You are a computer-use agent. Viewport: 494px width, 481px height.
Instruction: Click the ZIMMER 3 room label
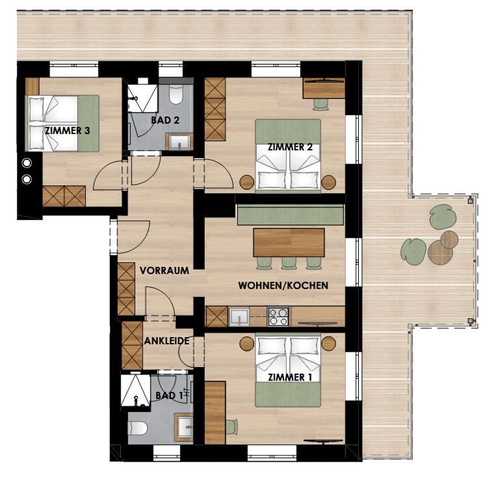coord(68,131)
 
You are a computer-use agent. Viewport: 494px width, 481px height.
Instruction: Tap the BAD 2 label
coord(165,120)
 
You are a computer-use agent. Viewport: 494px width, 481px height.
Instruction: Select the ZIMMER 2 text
coord(290,147)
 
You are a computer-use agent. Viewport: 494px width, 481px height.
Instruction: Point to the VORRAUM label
coord(164,271)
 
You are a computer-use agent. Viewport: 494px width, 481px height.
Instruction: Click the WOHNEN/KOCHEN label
coord(283,286)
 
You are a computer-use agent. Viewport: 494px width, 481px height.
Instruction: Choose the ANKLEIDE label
coord(166,341)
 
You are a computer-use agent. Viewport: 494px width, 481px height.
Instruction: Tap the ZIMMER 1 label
coord(290,378)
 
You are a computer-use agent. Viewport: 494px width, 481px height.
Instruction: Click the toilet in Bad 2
coord(175,94)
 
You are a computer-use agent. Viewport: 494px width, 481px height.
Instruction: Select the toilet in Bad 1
coord(138,428)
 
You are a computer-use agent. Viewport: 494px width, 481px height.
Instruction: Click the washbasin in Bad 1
coord(185,427)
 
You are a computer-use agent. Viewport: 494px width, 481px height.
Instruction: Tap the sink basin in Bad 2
coord(179,142)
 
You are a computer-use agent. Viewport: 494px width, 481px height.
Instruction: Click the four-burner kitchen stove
coord(278,316)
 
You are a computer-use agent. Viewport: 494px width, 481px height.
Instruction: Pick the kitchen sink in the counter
coord(239,317)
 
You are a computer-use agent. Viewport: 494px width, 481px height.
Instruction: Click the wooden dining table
coord(289,242)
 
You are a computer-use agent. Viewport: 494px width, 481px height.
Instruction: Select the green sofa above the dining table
coord(290,215)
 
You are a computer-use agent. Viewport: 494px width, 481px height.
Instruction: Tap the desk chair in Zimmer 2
coord(320,104)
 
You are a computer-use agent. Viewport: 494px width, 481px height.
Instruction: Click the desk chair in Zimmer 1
coord(231,427)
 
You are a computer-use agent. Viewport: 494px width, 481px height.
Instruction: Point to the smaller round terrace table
coord(449,239)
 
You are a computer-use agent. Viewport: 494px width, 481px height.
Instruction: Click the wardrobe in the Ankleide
coord(132,345)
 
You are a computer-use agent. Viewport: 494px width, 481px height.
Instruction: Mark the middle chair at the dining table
coord(289,263)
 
